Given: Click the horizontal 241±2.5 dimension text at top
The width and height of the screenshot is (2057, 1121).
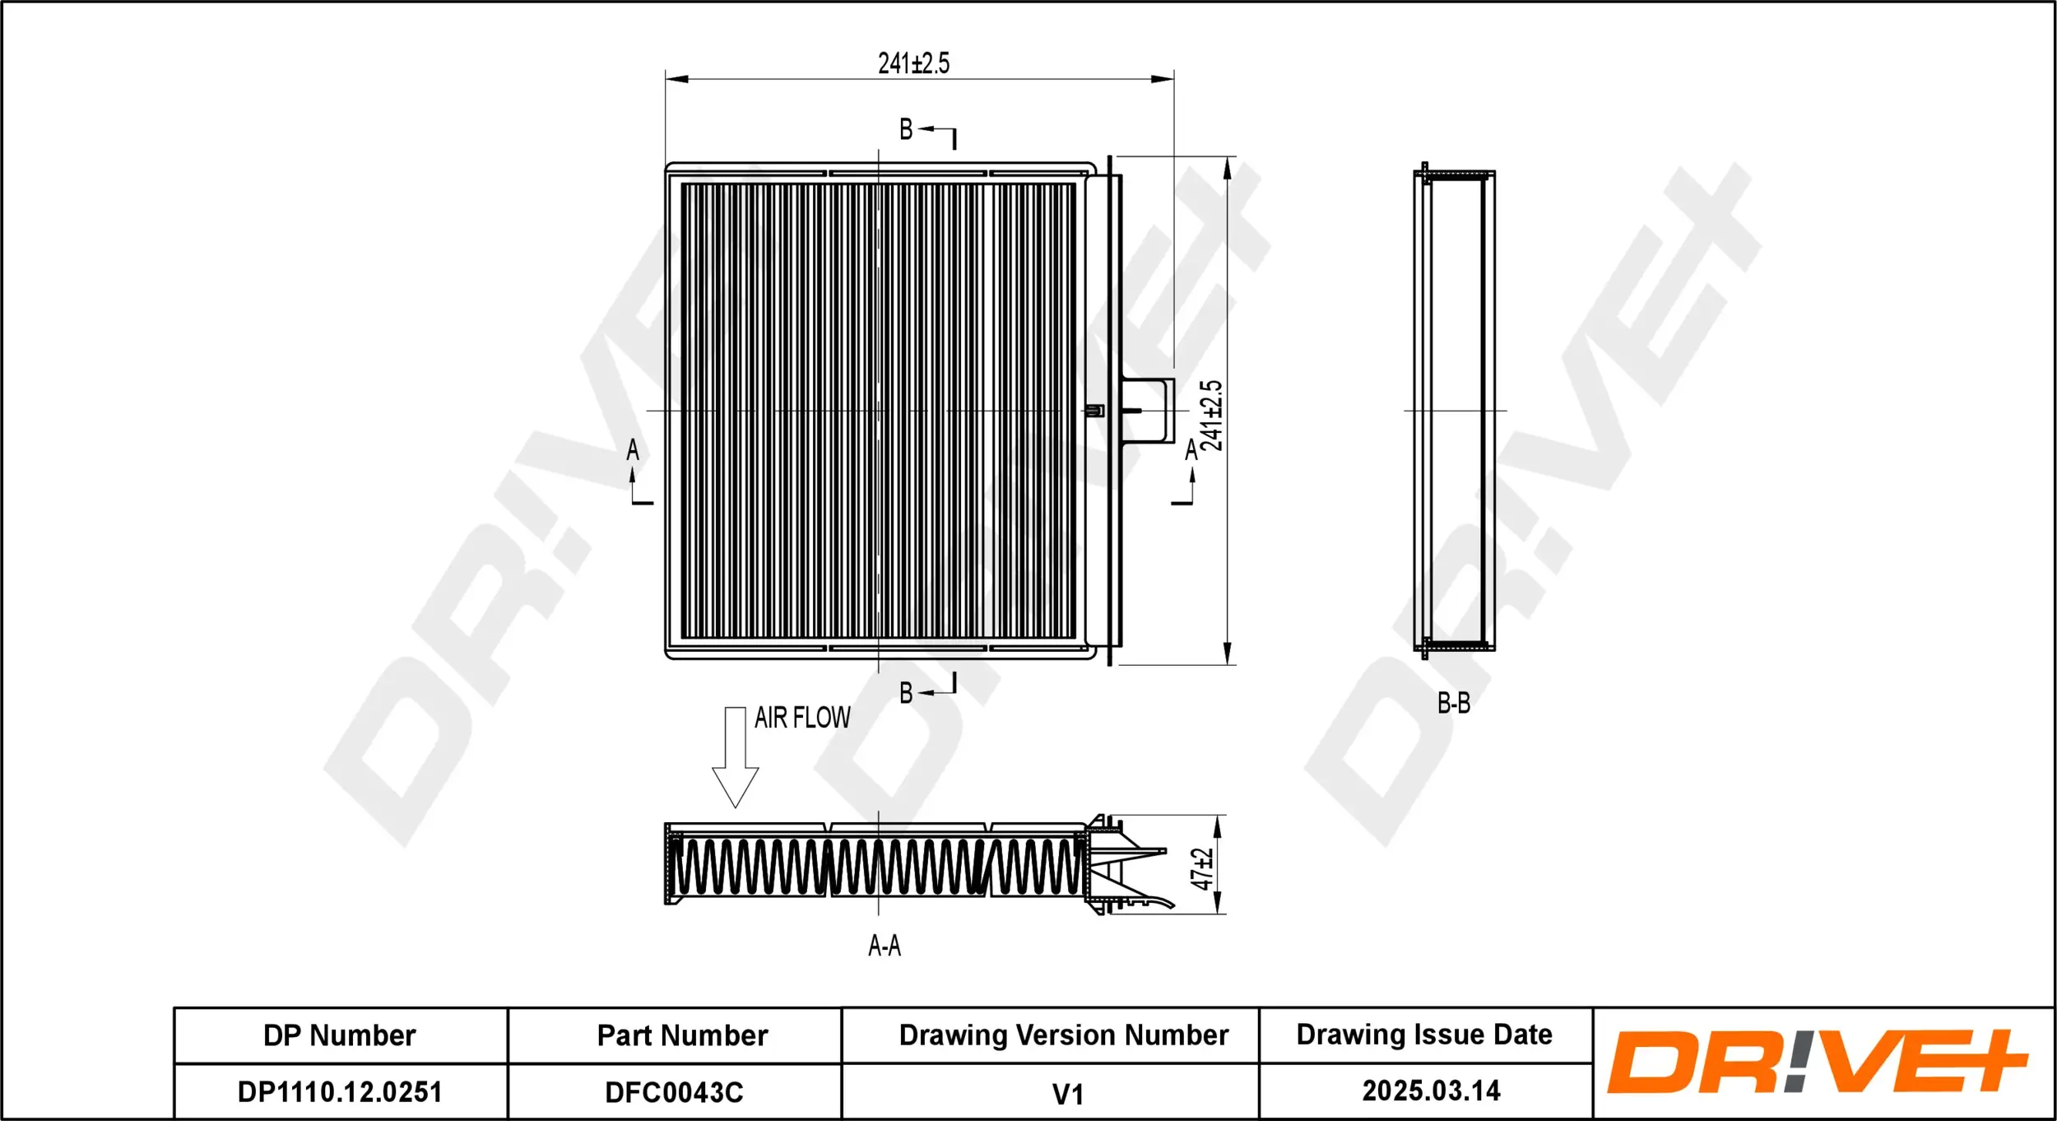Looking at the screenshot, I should pyautogui.click(x=913, y=63).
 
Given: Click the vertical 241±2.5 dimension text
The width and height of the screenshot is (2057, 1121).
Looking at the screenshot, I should pyautogui.click(x=1211, y=416).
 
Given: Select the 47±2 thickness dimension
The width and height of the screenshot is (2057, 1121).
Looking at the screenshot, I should pyautogui.click(x=1202, y=869).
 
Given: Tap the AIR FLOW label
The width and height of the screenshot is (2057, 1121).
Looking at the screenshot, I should pyautogui.click(x=802, y=718).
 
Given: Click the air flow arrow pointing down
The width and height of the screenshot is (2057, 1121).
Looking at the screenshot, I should pyautogui.click(x=735, y=757).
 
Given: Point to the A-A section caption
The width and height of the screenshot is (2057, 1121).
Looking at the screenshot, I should pyautogui.click(x=885, y=946).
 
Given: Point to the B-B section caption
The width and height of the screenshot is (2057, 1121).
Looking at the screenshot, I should pyautogui.click(x=1453, y=704).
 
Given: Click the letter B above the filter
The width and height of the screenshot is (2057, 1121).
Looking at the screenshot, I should pyautogui.click(x=906, y=129).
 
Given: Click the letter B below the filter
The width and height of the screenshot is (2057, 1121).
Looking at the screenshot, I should pyautogui.click(x=906, y=693).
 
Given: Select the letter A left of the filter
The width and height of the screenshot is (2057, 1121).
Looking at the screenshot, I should pyautogui.click(x=633, y=450).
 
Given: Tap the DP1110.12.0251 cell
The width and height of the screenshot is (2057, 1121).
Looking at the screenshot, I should pyautogui.click(x=340, y=1092).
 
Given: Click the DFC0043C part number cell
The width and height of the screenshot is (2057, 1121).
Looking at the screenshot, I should pyautogui.click(x=674, y=1092).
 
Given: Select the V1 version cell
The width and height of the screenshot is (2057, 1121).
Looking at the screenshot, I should pyautogui.click(x=1067, y=1095).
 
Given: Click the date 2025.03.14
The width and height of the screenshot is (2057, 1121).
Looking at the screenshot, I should pyautogui.click(x=1431, y=1091).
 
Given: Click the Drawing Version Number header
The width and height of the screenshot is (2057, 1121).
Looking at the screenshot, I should pyautogui.click(x=1063, y=1035).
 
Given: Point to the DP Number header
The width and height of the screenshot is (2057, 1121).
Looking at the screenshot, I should pyautogui.click(x=340, y=1035).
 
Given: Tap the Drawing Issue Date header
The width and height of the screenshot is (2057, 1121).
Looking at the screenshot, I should pyautogui.click(x=1424, y=1035).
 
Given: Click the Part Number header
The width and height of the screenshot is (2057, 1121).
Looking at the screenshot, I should pyautogui.click(x=682, y=1035).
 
